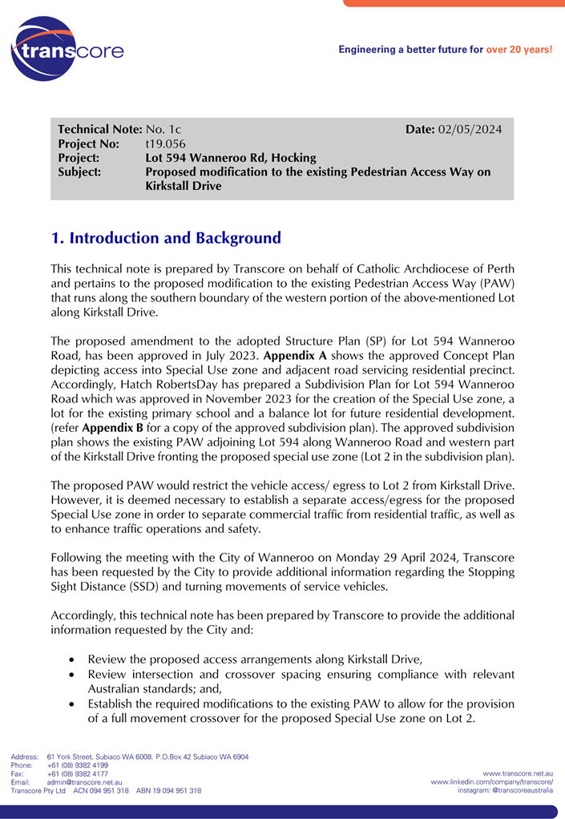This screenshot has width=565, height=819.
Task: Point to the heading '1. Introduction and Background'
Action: (x=166, y=238)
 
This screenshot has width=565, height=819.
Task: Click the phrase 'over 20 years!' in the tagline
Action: (x=519, y=50)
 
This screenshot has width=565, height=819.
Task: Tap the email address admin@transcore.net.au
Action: (x=84, y=782)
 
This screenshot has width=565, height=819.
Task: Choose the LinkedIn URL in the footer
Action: (x=491, y=781)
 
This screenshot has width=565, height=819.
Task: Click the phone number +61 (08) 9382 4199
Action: (x=78, y=765)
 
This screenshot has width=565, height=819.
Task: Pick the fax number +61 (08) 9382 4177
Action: (x=78, y=774)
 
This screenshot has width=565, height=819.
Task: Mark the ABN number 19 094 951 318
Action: (x=178, y=790)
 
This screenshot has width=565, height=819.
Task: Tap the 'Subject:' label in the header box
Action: (x=80, y=172)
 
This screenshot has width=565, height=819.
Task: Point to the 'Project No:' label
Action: (x=88, y=144)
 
